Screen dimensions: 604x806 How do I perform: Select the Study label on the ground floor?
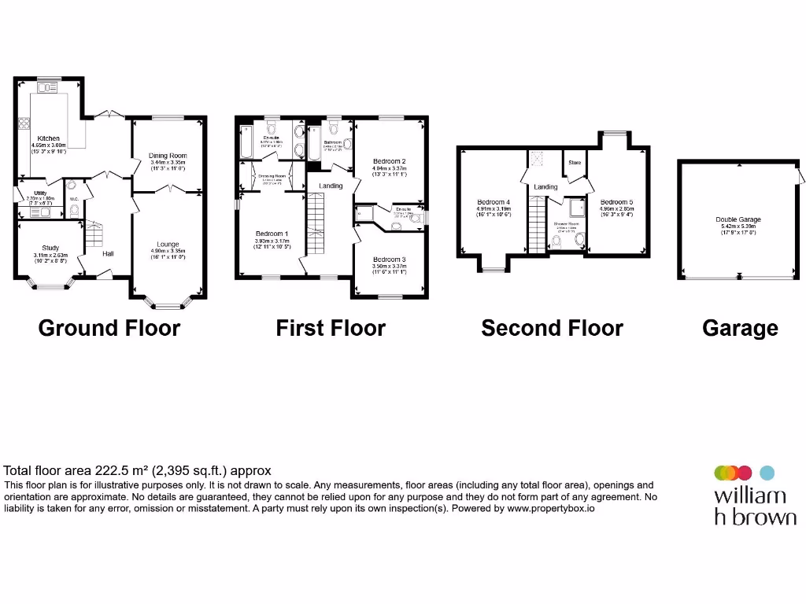click(x=51, y=248)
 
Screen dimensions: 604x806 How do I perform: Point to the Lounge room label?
click(x=168, y=244)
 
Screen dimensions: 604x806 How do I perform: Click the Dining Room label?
click(x=168, y=156)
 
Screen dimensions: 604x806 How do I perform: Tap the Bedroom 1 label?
click(x=272, y=234)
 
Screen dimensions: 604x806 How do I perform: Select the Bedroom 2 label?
click(x=389, y=161)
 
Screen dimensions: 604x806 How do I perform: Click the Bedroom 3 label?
click(x=389, y=260)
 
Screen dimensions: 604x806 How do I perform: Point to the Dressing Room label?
click(x=272, y=176)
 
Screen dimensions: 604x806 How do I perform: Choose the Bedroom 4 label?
click(x=494, y=202)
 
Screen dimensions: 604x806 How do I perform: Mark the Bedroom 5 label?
click(x=616, y=202)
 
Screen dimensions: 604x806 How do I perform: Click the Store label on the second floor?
click(x=575, y=163)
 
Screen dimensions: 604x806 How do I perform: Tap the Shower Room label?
click(x=566, y=224)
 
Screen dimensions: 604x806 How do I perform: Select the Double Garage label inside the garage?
click(x=738, y=220)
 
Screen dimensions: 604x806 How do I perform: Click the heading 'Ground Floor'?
click(x=109, y=328)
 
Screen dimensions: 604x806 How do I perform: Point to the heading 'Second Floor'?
click(x=552, y=328)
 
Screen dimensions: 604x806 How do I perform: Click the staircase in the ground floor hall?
click(x=94, y=234)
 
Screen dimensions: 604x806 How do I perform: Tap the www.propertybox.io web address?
click(x=550, y=509)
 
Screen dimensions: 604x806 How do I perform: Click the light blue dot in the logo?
click(x=767, y=473)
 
